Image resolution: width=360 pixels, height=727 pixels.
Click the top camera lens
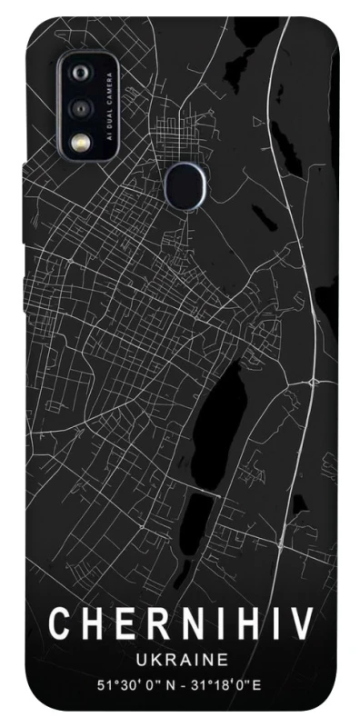[x=81, y=73]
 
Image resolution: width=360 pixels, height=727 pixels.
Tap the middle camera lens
[x=81, y=107]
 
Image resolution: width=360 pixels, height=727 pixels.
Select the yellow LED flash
[x=81, y=142]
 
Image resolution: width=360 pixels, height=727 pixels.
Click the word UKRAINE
[x=179, y=657]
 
